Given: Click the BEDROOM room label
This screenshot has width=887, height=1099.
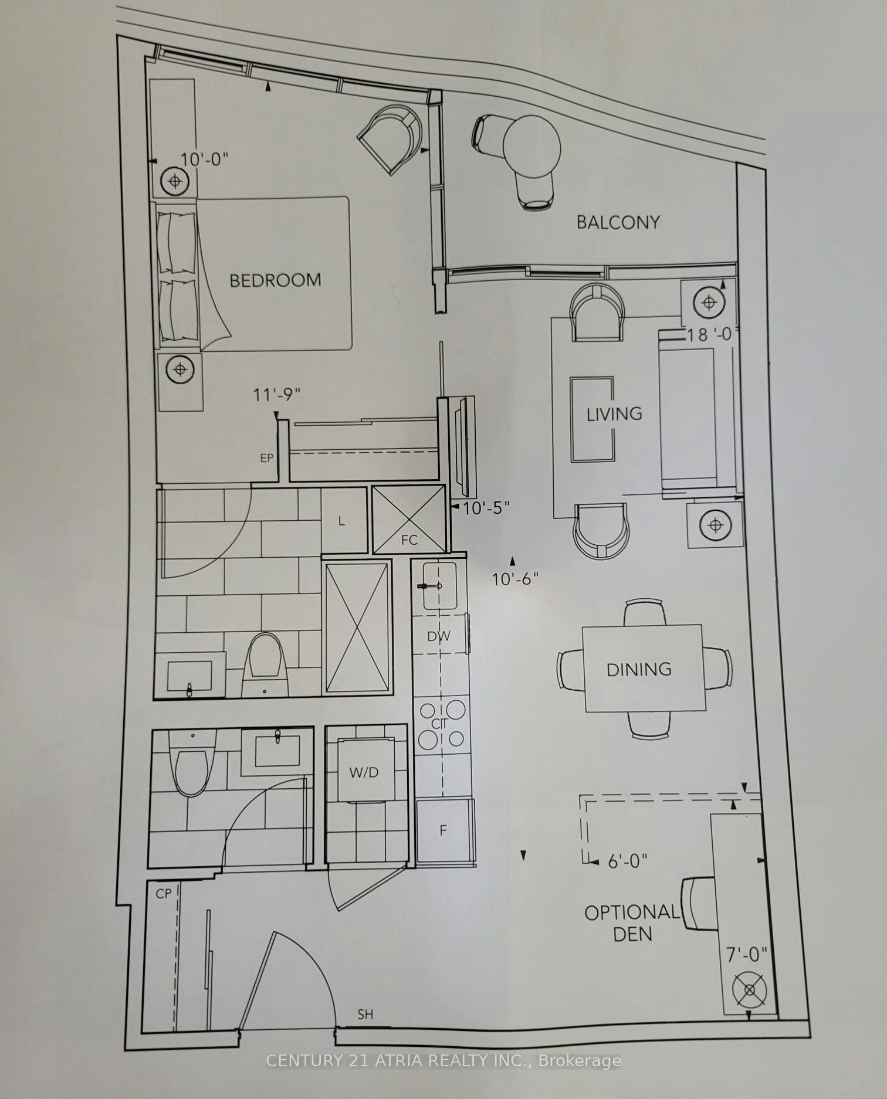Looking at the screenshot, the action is [x=275, y=280].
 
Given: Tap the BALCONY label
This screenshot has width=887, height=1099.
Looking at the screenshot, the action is [x=618, y=222].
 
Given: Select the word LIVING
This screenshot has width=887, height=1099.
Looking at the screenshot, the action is [x=614, y=414].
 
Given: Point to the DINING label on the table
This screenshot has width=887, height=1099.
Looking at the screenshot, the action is [x=639, y=669].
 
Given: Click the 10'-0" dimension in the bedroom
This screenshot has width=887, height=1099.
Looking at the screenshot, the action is [x=204, y=160].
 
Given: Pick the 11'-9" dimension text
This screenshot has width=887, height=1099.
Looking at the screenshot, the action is [x=276, y=395].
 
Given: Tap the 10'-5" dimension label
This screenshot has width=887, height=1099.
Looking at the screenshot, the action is [x=486, y=508].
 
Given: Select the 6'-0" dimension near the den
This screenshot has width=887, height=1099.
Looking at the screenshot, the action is [x=628, y=861].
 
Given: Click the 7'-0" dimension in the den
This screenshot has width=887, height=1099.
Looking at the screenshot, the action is [x=747, y=955].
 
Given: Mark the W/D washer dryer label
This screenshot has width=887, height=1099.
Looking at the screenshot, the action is [x=364, y=772].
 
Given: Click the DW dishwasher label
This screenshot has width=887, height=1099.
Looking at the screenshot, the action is [x=439, y=636].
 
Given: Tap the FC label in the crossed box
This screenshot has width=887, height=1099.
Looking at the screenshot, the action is [x=409, y=540].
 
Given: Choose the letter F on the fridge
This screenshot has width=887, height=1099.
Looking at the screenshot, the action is [x=443, y=830].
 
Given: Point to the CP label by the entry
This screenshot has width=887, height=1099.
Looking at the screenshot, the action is [x=164, y=893].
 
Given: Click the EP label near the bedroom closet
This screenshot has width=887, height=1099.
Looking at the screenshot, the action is [x=267, y=458].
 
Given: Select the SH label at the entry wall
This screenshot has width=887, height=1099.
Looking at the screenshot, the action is [x=365, y=1014].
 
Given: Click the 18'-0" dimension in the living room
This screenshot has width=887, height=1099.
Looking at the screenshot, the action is [x=710, y=334].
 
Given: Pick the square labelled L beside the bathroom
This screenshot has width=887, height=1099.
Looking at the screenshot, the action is [x=344, y=520].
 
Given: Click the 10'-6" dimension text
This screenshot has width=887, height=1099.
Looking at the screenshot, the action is [x=515, y=579].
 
